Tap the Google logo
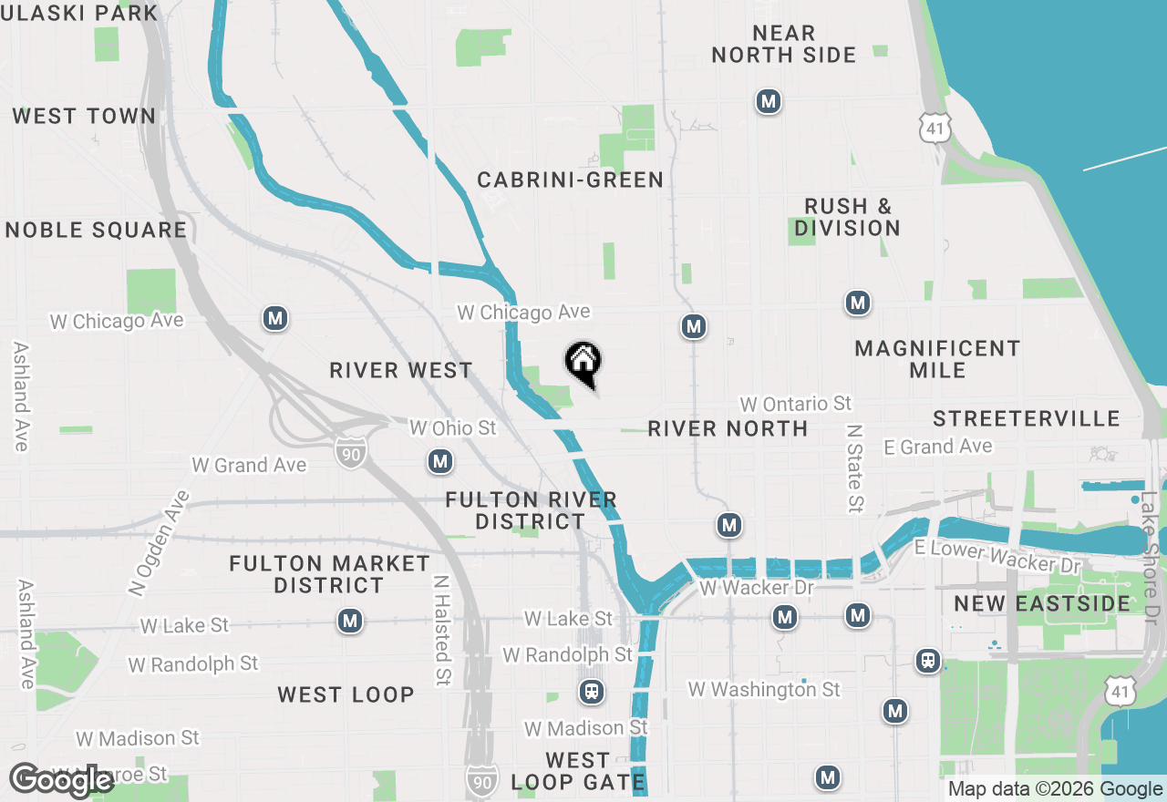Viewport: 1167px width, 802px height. [x=61, y=781]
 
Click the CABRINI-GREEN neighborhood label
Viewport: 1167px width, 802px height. [x=571, y=180]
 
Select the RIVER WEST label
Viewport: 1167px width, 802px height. [x=401, y=371]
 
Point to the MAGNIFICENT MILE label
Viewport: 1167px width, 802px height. [x=937, y=359]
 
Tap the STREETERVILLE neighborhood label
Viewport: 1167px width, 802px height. [x=1027, y=419]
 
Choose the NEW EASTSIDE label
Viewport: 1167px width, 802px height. [x=1042, y=603]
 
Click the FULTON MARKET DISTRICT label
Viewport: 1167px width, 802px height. [x=329, y=574]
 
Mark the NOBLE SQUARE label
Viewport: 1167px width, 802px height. [x=96, y=231]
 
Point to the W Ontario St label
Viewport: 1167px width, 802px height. [x=796, y=404]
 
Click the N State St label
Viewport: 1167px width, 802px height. [x=854, y=468]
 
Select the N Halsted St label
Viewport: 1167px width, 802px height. [x=441, y=632]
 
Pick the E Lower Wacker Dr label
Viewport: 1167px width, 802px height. [x=997, y=556]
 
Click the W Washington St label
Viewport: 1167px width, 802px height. [x=764, y=690]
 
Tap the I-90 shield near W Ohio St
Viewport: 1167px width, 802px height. [x=350, y=452]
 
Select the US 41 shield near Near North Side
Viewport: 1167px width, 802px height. [x=934, y=129]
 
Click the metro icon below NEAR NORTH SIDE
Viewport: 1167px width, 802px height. [x=769, y=101]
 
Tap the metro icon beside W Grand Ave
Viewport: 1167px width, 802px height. [x=441, y=462]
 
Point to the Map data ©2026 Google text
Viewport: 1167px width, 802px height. [x=1055, y=789]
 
